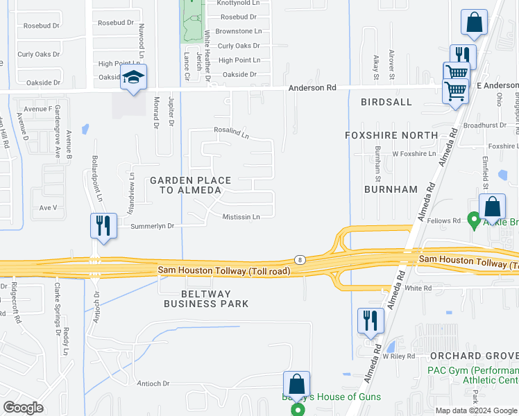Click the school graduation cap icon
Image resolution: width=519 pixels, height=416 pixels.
[133, 77]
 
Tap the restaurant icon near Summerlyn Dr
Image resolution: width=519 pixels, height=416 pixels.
[103, 225]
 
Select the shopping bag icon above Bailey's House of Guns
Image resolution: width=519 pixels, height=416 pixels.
[296, 384]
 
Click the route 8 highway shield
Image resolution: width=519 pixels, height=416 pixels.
[300, 258]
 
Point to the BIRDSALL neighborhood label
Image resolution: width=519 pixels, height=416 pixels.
[386, 102]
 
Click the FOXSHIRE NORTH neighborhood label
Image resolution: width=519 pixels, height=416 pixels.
[391, 135]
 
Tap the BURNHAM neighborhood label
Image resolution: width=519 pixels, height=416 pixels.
[391, 189]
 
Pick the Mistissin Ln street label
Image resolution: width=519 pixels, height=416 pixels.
[241, 217]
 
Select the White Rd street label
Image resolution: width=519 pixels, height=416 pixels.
[418, 288]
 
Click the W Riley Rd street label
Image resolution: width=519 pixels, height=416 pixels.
[398, 356]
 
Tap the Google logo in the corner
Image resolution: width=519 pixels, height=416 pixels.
[24, 407]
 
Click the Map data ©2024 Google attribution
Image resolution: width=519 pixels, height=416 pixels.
[475, 410]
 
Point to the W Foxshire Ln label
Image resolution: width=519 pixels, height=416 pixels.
[414, 153]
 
